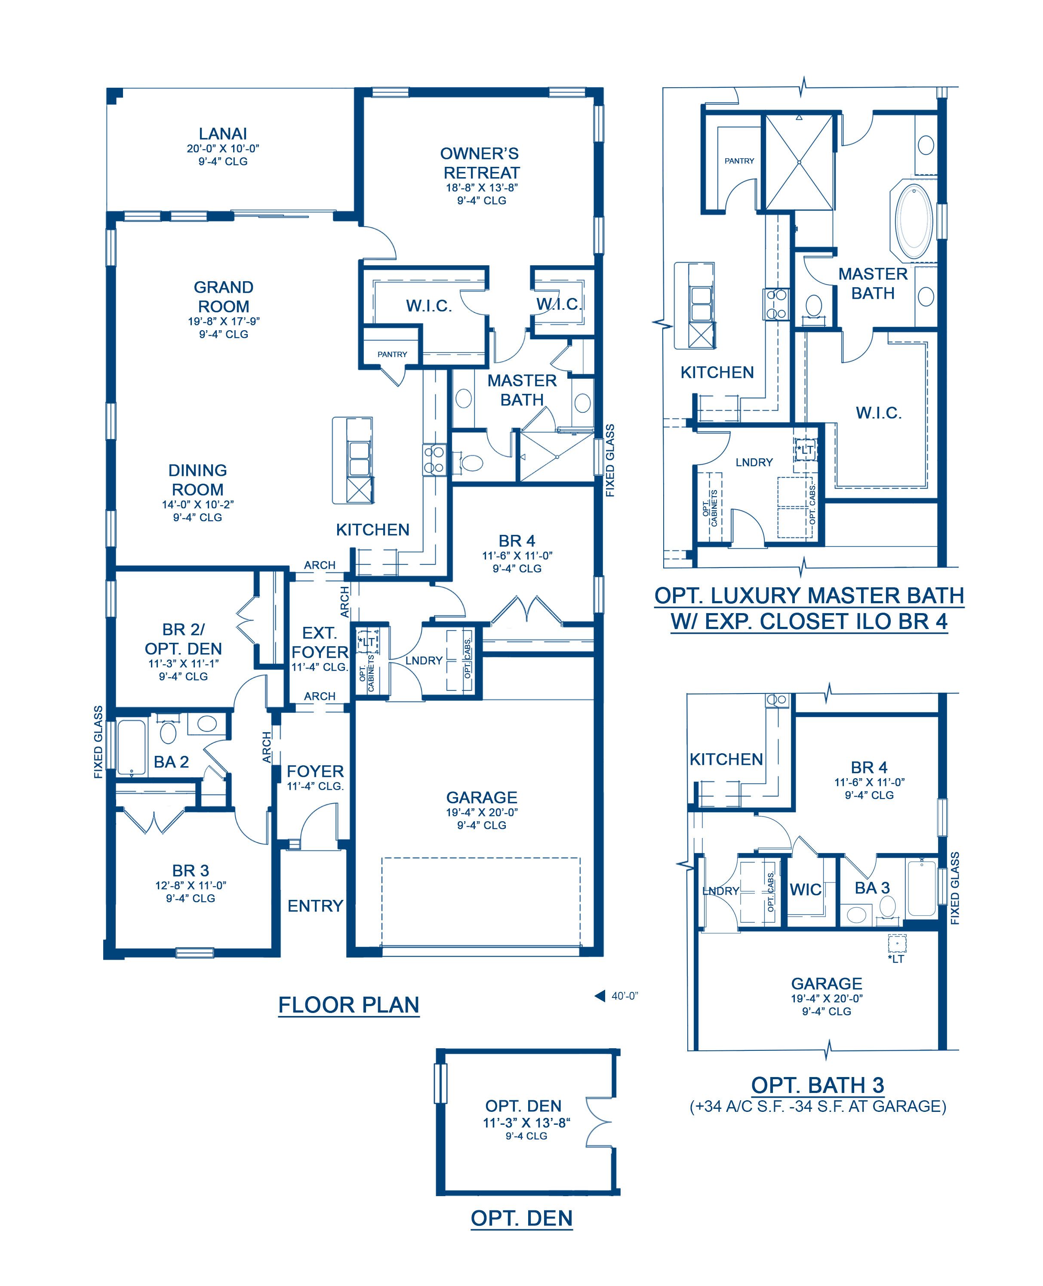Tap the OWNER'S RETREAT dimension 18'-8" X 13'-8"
[x=482, y=187]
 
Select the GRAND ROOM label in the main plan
[x=224, y=297]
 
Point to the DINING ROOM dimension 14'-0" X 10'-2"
[x=198, y=504]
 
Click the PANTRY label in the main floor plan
[x=392, y=354]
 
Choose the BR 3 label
[x=191, y=870]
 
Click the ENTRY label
[x=315, y=906]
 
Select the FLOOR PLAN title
[x=348, y=1005]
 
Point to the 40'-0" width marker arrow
[x=600, y=996]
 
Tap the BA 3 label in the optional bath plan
[x=872, y=888]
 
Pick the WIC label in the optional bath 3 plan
[x=805, y=890]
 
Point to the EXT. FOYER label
[x=320, y=643]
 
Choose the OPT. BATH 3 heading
[x=818, y=1085]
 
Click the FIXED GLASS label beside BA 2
[x=98, y=743]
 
